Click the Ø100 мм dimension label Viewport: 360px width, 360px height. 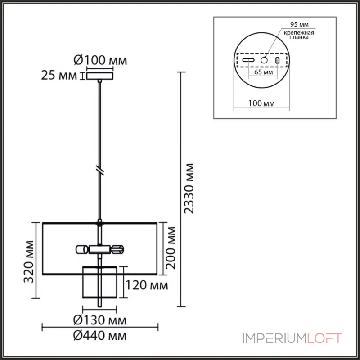[x=100, y=60]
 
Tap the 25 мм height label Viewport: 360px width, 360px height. [x=59, y=75]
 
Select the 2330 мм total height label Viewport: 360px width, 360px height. [x=189, y=189]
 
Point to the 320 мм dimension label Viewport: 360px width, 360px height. [x=29, y=261]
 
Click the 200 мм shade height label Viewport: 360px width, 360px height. [x=171, y=248]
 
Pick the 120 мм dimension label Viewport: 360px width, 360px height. [x=147, y=285]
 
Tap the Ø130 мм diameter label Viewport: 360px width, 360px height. [x=100, y=320]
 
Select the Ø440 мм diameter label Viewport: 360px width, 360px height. [x=100, y=336]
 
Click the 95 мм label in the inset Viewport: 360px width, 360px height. [x=299, y=24]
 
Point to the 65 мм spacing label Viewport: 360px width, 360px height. [x=264, y=72]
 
